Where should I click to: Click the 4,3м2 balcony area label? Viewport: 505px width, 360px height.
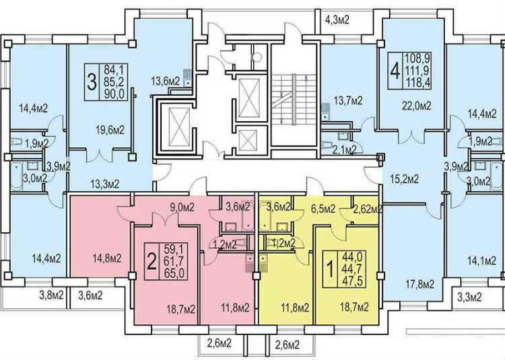coord(337,20)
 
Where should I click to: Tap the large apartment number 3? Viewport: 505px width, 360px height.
coord(92,82)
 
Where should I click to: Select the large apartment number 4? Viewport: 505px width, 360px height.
coord(395,71)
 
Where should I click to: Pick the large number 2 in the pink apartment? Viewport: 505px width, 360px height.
coord(151,261)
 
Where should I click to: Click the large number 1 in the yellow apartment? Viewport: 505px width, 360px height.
coord(330,269)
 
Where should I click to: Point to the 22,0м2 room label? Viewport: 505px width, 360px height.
coord(416,106)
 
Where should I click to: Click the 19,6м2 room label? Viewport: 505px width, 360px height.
coord(110,130)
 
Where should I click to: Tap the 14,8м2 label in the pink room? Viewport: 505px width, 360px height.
coord(107,258)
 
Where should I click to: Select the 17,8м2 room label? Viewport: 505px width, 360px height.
coord(419,284)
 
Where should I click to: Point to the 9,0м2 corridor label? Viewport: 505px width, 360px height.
coord(182,207)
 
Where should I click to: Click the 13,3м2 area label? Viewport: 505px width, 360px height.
coord(104,184)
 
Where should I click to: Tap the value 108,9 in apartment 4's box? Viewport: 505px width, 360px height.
coord(417,59)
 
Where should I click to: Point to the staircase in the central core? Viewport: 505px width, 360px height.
coord(294,99)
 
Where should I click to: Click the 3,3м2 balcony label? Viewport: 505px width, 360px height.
coord(469,297)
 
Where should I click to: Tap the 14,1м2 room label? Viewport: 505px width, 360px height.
coord(481,260)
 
